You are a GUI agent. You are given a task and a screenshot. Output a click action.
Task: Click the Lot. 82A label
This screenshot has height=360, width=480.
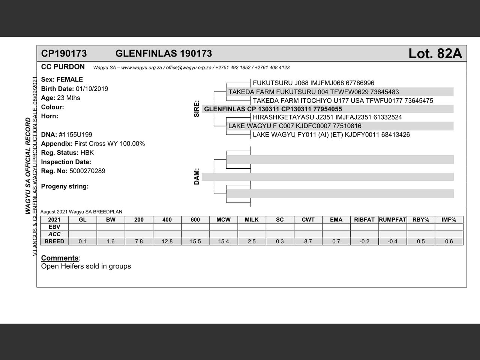[x=435, y=54]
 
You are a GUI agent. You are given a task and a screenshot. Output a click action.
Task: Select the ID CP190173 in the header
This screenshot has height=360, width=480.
[x=64, y=54]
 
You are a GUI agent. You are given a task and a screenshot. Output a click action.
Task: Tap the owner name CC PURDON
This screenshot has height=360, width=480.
[x=63, y=67]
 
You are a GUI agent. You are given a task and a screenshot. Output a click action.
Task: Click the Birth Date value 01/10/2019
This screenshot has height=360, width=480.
[x=92, y=89]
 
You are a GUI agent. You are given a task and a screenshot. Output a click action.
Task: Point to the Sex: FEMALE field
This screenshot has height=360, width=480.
[x=62, y=79]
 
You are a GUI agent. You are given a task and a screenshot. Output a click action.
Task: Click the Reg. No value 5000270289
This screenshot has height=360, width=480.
[x=87, y=171]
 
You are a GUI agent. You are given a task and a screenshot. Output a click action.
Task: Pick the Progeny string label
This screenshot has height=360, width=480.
[x=65, y=186]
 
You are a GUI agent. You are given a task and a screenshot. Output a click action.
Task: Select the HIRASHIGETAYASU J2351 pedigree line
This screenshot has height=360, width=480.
[x=327, y=117]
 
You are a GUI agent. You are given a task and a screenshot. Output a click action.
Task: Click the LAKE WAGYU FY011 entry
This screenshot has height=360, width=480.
[x=331, y=135]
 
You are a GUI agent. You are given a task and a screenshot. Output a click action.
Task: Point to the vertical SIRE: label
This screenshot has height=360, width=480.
[x=197, y=109]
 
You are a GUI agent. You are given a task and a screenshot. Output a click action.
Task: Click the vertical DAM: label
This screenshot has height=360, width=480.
[x=197, y=176]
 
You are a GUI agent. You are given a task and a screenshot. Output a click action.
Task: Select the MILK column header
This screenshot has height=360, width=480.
[x=252, y=220]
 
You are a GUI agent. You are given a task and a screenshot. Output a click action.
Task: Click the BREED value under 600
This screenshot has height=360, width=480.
[x=195, y=241]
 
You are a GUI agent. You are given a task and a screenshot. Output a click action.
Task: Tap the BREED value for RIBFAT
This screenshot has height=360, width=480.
[x=364, y=241]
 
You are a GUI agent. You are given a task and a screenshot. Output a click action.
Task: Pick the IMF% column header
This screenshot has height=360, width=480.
[x=448, y=220]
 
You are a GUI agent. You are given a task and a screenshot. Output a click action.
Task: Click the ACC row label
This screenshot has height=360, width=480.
[x=54, y=234]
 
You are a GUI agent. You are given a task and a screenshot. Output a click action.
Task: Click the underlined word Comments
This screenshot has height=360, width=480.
[x=60, y=258]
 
